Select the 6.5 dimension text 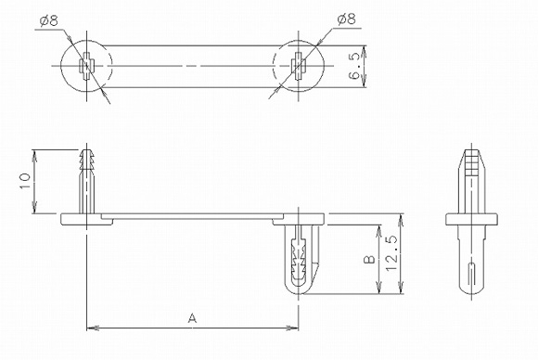click(x=356, y=68)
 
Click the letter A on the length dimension click(x=192, y=318)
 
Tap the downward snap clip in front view click(x=299, y=255)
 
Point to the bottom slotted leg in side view click(x=473, y=264)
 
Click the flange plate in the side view click(x=473, y=220)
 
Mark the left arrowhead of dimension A click(x=90, y=328)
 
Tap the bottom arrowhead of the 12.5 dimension click(x=400, y=294)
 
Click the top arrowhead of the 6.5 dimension click(x=365, y=50)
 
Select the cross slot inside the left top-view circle click(x=85, y=67)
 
